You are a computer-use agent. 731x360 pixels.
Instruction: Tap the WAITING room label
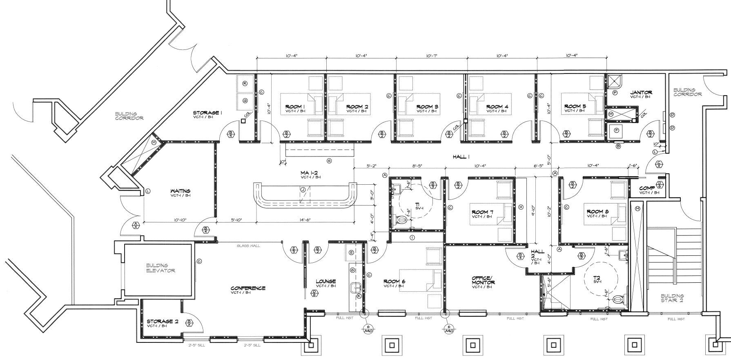(180, 191)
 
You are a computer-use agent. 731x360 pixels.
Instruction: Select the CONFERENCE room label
(247, 288)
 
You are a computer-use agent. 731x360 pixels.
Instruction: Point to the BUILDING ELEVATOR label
(160, 268)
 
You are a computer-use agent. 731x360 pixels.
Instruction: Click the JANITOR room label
(641, 93)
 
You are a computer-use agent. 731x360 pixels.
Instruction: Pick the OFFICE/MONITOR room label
(483, 280)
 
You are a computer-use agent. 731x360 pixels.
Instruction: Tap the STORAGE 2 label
(162, 322)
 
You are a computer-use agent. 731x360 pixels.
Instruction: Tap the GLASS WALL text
(248, 246)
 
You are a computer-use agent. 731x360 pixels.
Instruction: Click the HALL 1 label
(461, 157)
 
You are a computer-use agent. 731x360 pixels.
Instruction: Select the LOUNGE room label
(325, 281)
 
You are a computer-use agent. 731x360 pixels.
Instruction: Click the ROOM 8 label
(597, 212)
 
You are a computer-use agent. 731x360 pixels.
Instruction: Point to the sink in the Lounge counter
(355, 286)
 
